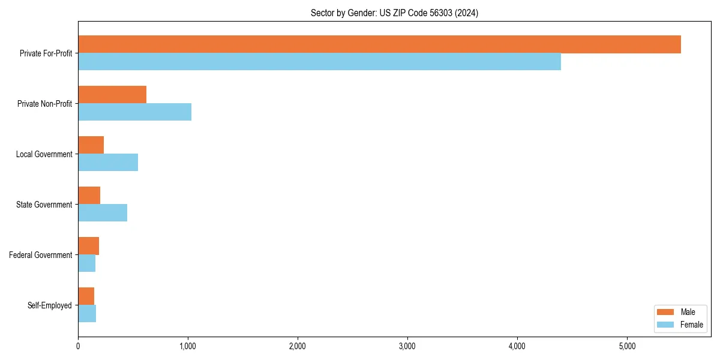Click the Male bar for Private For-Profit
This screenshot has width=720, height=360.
click(379, 44)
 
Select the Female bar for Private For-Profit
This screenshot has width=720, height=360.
click(319, 62)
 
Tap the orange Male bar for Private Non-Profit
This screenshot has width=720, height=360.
click(112, 95)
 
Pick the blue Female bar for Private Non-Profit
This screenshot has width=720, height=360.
click(134, 112)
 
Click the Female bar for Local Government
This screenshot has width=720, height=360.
click(108, 163)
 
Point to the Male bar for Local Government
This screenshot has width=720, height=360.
click(91, 145)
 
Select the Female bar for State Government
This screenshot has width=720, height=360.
click(103, 213)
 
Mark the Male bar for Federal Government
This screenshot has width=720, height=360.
click(88, 246)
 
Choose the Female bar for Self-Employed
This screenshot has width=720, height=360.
click(87, 314)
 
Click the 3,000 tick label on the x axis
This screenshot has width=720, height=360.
click(407, 346)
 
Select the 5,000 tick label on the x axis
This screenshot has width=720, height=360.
click(627, 346)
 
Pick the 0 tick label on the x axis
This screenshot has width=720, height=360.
click(78, 346)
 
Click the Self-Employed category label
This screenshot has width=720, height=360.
click(50, 305)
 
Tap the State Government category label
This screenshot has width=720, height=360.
click(44, 205)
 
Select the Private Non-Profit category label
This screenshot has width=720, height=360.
click(45, 104)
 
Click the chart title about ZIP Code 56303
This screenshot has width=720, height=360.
click(394, 13)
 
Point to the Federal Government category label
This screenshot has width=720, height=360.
click(41, 255)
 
